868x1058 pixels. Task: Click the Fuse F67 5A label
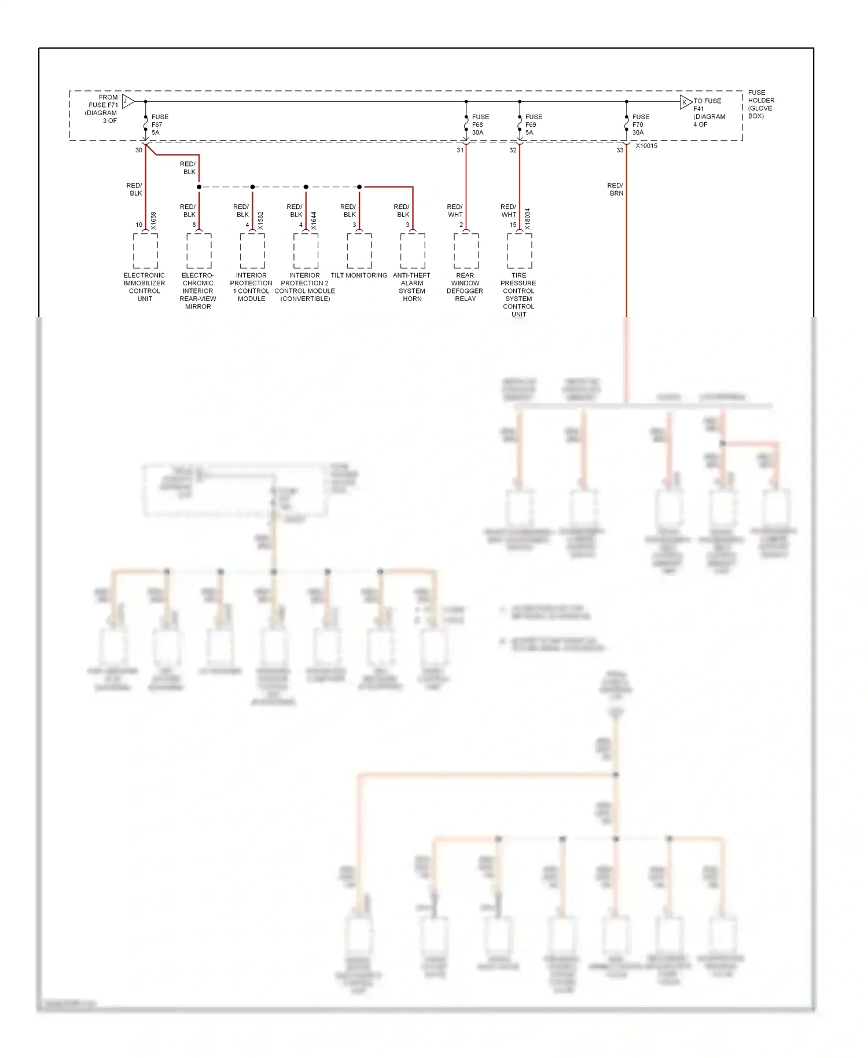point(159,124)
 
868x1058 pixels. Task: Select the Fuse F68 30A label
point(480,124)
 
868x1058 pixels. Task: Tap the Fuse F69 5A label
point(533,124)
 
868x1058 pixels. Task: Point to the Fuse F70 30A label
point(640,124)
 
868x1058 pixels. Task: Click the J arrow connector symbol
point(128,101)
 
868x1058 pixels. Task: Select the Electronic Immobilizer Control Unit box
point(145,251)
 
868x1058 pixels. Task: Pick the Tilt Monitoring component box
point(359,251)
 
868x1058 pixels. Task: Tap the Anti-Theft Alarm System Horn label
point(412,287)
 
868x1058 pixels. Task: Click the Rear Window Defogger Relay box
point(466,251)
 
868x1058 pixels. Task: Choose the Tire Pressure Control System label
point(518,295)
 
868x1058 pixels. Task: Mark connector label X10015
point(646,146)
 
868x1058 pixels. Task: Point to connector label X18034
point(527,219)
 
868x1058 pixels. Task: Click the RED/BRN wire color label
point(616,189)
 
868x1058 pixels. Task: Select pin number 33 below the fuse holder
point(620,150)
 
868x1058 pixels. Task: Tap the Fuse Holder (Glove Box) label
point(760,104)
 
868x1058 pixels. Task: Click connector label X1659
point(153,221)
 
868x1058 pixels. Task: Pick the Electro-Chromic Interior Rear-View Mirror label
point(198,291)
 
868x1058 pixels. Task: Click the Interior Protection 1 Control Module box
point(252,251)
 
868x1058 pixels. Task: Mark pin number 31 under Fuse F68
point(460,150)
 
